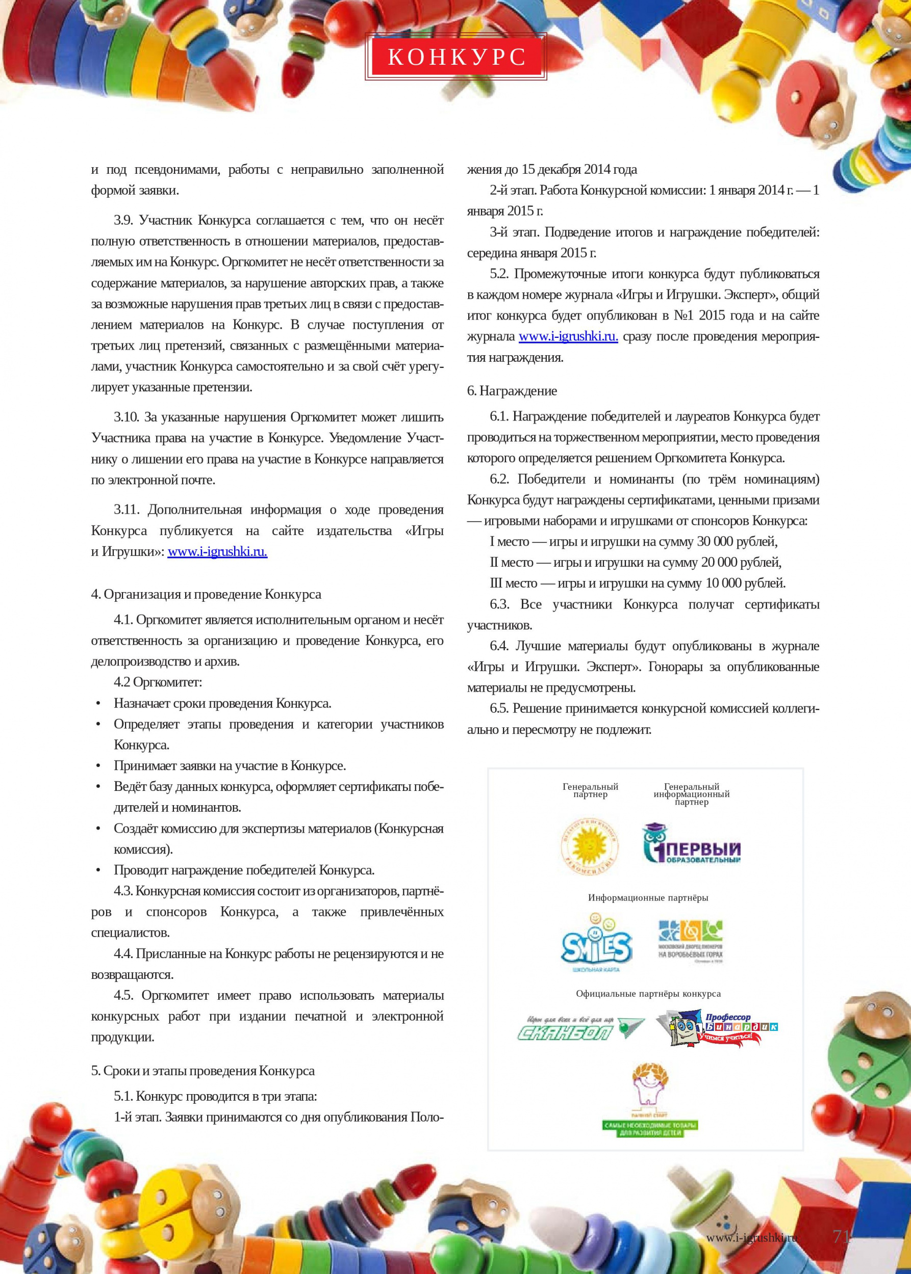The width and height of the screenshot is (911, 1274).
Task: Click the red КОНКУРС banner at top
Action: point(455,57)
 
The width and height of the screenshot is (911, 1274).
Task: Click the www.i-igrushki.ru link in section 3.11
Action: point(217,551)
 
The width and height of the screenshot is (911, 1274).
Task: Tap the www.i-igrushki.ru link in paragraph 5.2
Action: point(568,336)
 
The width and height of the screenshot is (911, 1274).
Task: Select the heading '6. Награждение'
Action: point(512,391)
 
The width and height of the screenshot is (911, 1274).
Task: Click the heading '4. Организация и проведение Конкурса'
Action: point(206,594)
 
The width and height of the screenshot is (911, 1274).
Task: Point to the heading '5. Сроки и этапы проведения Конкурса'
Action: point(203,1071)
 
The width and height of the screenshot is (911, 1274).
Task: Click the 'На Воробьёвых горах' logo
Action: point(691,941)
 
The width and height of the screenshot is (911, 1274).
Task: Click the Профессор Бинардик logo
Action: point(717,1028)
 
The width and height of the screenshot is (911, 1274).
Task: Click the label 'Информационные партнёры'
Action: point(648,898)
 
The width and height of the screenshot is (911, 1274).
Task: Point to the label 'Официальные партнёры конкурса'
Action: point(648,994)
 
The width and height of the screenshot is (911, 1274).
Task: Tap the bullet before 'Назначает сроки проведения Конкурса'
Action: point(99,703)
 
